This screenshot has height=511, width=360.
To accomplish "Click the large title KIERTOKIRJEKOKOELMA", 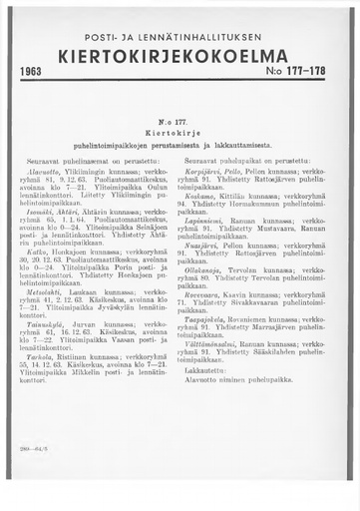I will click(179, 56).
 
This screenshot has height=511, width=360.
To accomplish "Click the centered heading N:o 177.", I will click(179, 115).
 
